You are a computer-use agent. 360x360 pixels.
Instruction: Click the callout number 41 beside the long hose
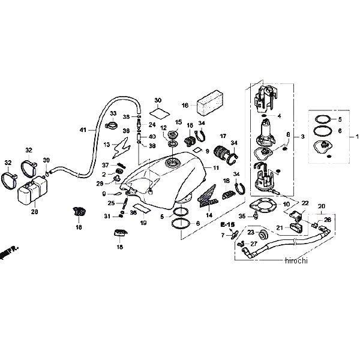click(x=83, y=129)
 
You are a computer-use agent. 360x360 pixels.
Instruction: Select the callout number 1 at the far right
click(x=358, y=137)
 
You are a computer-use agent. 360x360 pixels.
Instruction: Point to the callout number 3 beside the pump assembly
click(x=302, y=137)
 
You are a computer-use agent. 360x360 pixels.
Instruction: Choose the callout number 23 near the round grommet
click(x=250, y=232)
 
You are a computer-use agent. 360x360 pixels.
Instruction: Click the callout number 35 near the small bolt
click(x=242, y=215)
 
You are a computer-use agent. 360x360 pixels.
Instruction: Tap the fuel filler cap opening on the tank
click(x=172, y=164)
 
